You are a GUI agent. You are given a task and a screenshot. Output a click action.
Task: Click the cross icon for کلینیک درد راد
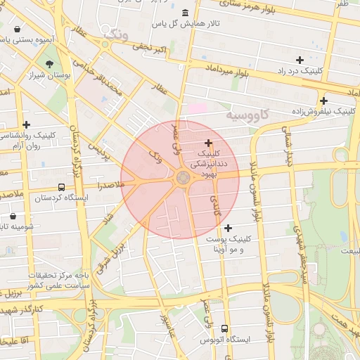coord(300,60)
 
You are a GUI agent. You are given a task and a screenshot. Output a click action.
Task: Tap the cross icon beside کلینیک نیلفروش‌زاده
coord(323,100)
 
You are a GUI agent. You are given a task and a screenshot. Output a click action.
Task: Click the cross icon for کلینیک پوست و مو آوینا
coord(228,228)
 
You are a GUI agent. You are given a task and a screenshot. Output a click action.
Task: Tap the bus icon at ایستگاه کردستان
coord(62,188)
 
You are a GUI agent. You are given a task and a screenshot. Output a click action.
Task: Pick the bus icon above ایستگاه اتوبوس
coord(225,328)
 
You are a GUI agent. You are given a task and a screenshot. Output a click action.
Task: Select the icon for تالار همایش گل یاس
coord(185,13)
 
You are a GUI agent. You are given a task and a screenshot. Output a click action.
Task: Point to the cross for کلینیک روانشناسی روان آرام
coord(26,124)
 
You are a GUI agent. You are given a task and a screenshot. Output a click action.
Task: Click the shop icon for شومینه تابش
coord(13,216)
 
